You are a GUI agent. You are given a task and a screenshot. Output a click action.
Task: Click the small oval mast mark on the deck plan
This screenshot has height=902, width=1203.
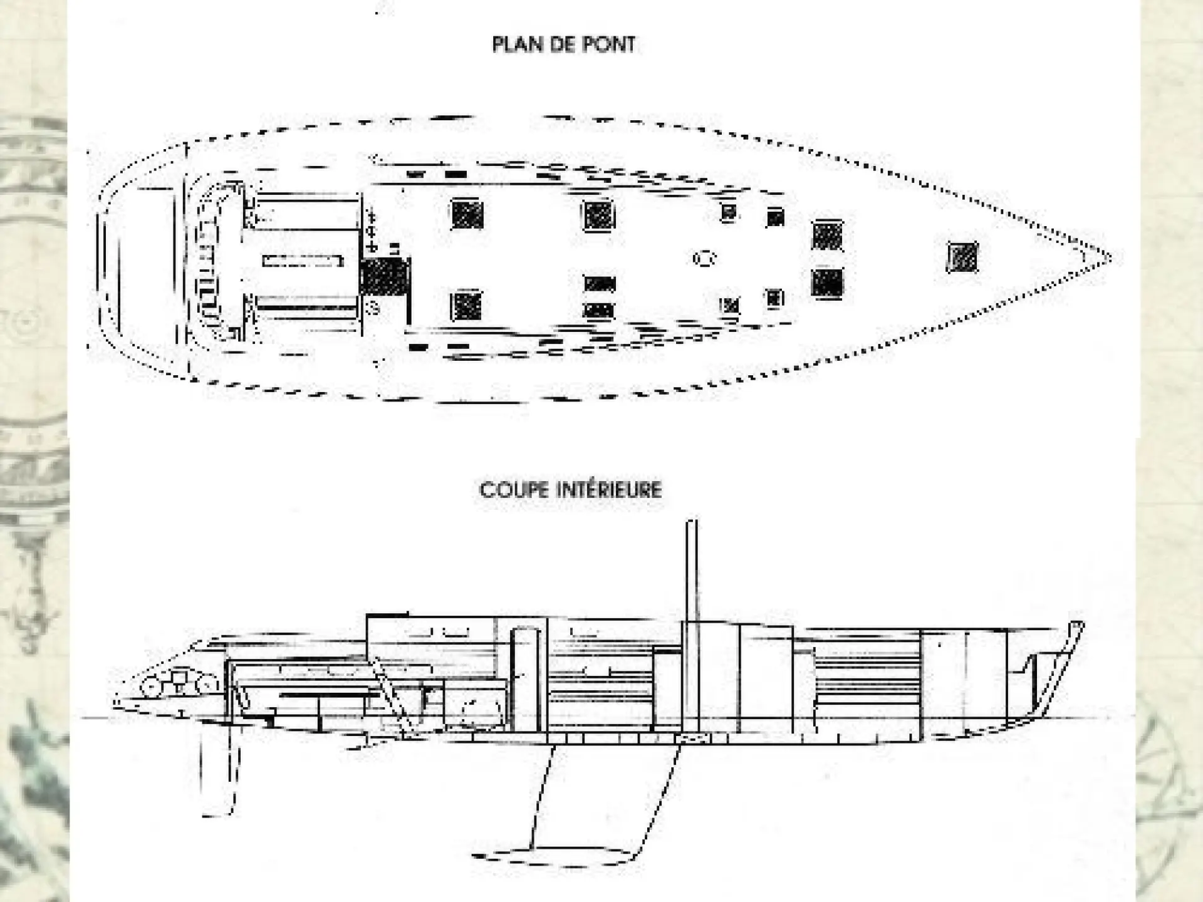click(704, 257)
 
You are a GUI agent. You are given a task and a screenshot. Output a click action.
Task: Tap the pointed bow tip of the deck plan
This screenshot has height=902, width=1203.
click(1110, 257)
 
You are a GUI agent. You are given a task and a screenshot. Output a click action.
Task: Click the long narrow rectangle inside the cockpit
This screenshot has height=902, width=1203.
click(303, 261)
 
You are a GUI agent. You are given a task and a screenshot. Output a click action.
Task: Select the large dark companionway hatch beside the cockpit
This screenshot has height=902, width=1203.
click(383, 276)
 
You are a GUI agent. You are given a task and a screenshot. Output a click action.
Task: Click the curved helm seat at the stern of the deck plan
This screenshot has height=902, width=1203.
click(207, 263)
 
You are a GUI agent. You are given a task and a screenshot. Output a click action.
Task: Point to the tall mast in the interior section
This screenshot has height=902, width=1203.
click(692, 626)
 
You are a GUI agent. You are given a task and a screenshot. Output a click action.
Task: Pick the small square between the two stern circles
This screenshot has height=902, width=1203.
click(180, 680)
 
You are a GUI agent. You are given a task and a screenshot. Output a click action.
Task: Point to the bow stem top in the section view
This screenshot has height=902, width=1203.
click(1076, 625)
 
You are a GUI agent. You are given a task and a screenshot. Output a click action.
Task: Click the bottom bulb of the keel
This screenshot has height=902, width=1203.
click(558, 855)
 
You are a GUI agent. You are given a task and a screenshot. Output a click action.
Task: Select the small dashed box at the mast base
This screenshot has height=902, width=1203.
click(692, 739)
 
